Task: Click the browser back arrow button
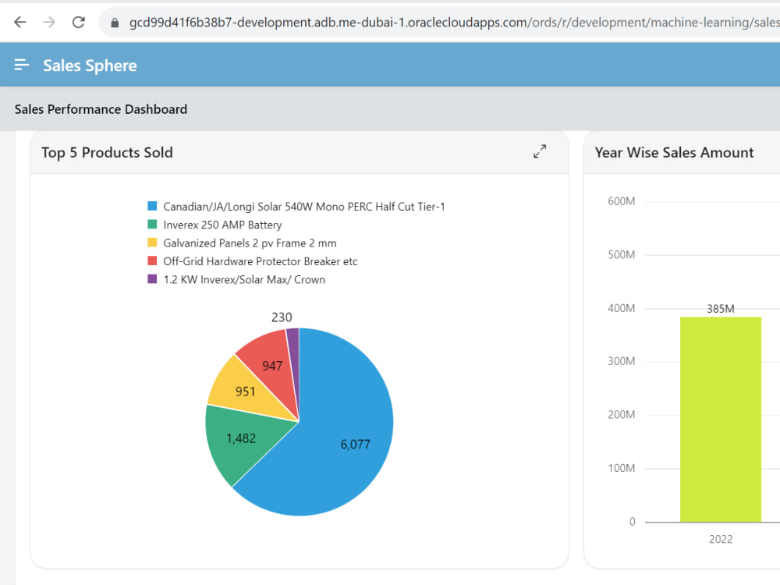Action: [x=20, y=23]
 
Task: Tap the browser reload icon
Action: [x=79, y=23]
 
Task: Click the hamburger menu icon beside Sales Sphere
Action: [x=21, y=65]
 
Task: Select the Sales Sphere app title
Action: [x=90, y=66]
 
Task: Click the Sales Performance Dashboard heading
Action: [x=101, y=109]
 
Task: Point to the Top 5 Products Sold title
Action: [x=107, y=152]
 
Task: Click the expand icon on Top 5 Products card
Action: [x=540, y=151]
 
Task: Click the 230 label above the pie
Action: [x=282, y=317]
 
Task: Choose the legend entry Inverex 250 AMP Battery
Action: [x=222, y=225]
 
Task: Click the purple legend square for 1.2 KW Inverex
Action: [x=152, y=279]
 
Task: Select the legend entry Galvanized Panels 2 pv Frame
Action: [x=250, y=243]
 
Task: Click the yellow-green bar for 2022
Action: [x=720, y=420]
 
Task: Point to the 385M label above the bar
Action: [x=720, y=309]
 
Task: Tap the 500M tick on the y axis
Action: [x=622, y=255]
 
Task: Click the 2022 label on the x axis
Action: [x=720, y=539]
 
